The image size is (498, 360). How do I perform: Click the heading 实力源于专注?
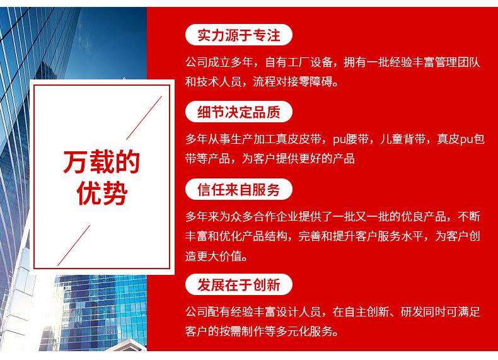(238, 35)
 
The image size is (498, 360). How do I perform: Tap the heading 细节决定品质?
(238, 112)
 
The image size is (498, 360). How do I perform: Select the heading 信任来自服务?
(238, 190)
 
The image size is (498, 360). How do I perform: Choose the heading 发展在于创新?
(238, 284)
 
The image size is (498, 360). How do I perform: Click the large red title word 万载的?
(101, 162)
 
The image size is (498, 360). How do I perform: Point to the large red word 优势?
(102, 193)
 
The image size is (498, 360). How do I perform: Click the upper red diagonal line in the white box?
(144, 117)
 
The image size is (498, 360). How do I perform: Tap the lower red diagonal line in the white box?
(74, 245)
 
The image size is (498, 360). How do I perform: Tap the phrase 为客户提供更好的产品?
(298, 158)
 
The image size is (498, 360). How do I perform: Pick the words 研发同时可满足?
(440, 312)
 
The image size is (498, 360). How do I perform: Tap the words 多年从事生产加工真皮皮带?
(253, 139)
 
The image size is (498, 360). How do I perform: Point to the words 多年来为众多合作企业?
(241, 217)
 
